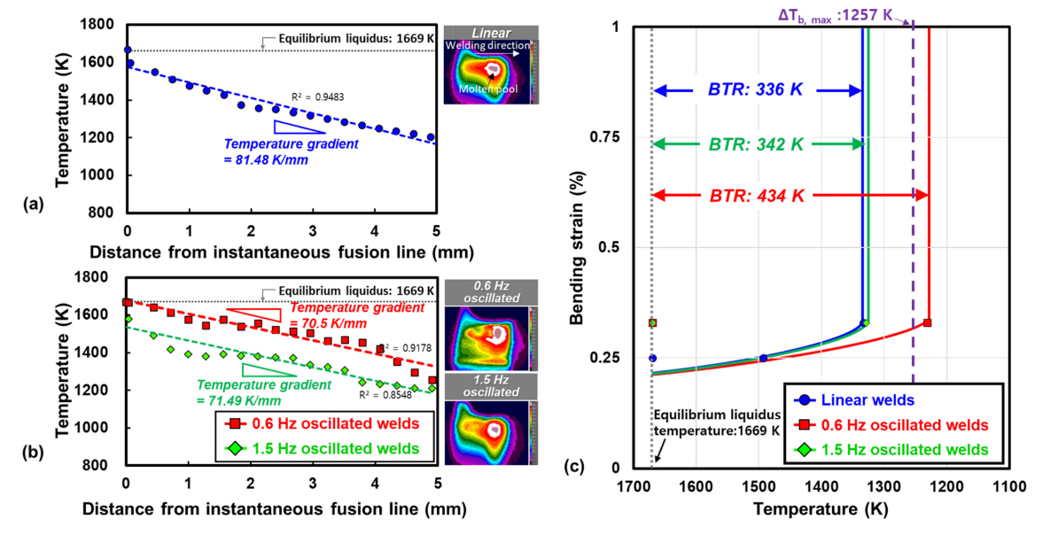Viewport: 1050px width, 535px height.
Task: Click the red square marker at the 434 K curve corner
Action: (x=928, y=322)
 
